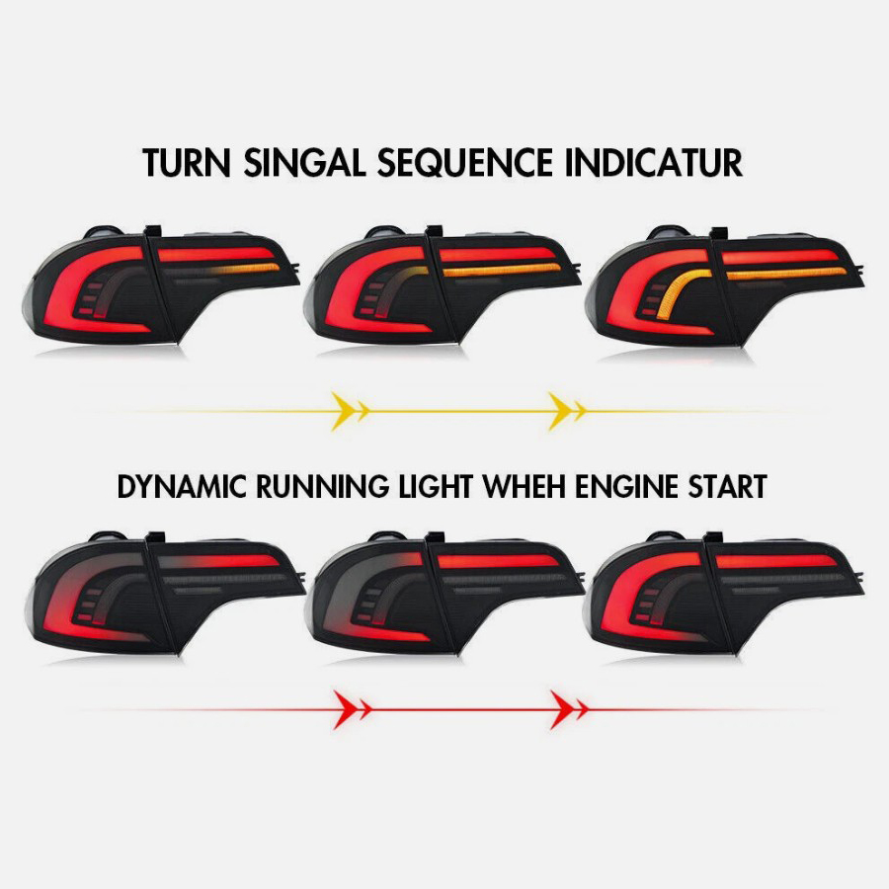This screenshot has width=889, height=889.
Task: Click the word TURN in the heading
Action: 186,163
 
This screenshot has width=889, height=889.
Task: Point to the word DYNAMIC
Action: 182,486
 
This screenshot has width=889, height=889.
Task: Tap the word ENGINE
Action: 626,486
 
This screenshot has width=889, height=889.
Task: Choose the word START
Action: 727,486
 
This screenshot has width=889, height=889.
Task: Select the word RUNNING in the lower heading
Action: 323,486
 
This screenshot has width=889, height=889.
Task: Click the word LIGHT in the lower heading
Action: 436,486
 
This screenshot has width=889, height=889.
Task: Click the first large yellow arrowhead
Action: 343,411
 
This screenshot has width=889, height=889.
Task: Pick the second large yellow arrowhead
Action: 560,411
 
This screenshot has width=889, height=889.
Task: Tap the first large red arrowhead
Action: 345,709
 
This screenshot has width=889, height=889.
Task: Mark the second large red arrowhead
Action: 562,709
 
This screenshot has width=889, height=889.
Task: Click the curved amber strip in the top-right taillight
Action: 681,289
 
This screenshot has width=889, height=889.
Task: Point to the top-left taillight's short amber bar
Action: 250,269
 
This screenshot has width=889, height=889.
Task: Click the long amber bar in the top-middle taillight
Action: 501,271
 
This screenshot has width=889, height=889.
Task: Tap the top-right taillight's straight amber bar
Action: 786,274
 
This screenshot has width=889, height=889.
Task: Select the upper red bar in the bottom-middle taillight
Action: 499,561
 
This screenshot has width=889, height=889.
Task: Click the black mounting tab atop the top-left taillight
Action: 152,230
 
